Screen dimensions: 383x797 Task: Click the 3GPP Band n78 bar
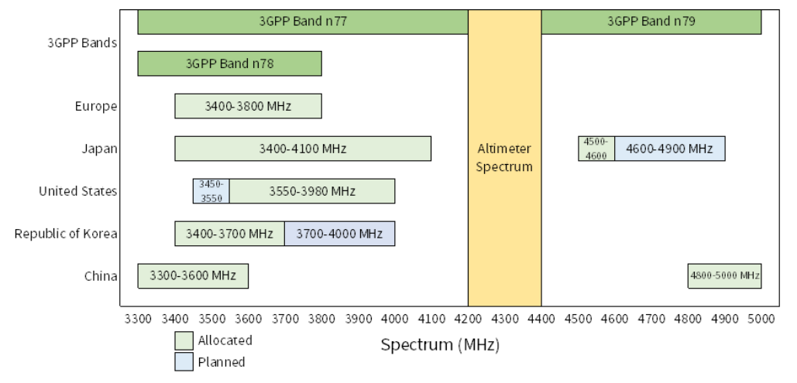pos(229,63)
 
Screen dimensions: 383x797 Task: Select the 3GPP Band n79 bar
pos(651,22)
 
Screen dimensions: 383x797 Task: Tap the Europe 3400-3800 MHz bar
pos(248,106)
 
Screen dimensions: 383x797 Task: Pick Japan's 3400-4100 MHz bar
pos(302,149)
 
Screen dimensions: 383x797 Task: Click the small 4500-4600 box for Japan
pos(596,149)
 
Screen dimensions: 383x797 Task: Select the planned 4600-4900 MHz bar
pos(670,149)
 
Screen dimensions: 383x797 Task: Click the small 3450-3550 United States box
pos(211,191)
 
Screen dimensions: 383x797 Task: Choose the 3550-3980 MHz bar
pos(312,191)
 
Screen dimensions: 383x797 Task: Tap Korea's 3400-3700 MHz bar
pos(229,234)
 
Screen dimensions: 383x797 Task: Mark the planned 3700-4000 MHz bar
pos(339,234)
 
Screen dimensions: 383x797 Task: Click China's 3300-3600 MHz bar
pos(193,275)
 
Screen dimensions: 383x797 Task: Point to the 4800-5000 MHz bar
pos(724,275)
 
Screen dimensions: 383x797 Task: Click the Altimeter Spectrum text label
pos(504,157)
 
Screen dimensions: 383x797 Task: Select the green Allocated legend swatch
pos(183,340)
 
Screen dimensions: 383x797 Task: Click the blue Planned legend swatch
pos(183,361)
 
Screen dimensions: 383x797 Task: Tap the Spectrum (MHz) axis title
pos(440,345)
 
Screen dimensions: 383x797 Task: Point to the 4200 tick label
pos(468,318)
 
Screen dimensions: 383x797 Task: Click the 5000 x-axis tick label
pos(761,318)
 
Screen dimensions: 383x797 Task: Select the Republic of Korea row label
pos(66,234)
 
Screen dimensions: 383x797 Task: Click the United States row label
pos(78,191)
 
